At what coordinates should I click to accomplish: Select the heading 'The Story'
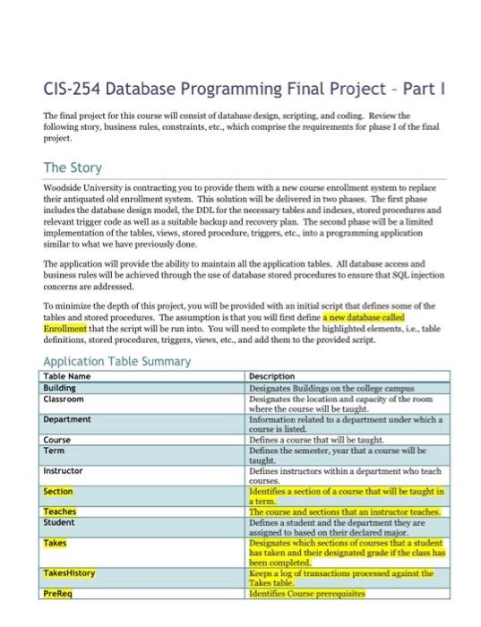[73, 167]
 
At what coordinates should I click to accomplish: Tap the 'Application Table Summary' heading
[117, 361]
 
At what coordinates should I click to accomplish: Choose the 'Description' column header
[273, 376]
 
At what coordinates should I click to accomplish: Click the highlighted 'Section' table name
[58, 491]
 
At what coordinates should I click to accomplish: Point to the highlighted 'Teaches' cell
[60, 511]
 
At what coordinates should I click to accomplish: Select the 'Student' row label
[59, 520]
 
